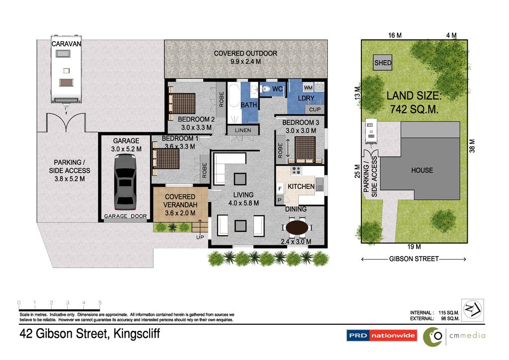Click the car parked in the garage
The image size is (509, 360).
[x=125, y=182]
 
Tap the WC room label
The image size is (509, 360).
[x=277, y=89]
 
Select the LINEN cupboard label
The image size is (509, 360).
[x=243, y=130]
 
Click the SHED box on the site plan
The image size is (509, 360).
[x=383, y=63]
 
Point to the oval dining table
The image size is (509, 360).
[x=297, y=228]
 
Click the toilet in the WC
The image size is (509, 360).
[x=265, y=89]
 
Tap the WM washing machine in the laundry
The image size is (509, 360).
[x=308, y=88]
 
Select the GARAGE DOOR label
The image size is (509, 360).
[x=125, y=216]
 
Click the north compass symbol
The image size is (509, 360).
[x=472, y=310]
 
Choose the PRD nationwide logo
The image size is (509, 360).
[x=381, y=335]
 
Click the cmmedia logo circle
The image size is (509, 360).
[x=433, y=337]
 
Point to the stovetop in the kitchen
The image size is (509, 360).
[x=296, y=170]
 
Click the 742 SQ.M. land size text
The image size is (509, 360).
[x=414, y=109]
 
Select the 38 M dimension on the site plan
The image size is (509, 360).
[x=472, y=146]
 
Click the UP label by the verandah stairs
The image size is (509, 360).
[x=200, y=237]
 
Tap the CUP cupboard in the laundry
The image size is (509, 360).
[x=315, y=109]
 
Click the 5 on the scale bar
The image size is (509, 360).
[x=100, y=302]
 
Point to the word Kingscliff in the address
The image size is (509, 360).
[x=137, y=334]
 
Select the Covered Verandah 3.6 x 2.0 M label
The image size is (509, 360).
[x=180, y=205]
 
